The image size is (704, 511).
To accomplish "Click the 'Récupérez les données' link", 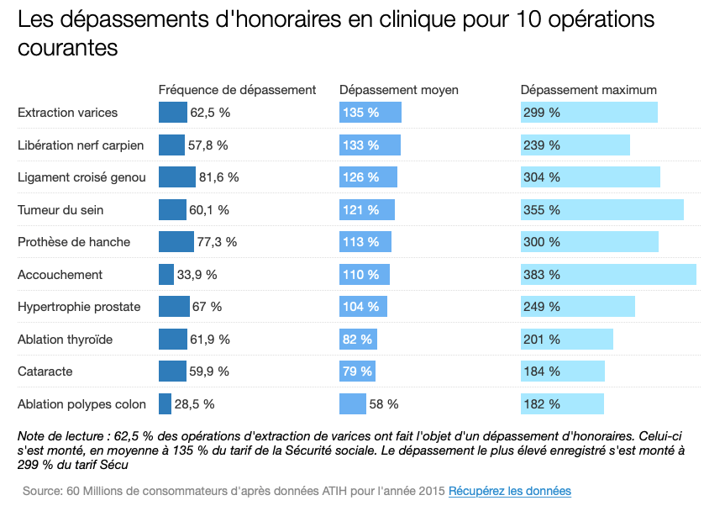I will pos(509,491).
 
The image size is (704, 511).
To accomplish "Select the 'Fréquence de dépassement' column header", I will pos(237,90).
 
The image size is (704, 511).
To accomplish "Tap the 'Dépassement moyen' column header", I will pos(398,90).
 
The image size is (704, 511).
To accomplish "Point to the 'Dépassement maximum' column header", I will pos(588,90).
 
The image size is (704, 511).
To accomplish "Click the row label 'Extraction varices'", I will pos(67,113).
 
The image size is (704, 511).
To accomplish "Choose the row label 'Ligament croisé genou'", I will pos(81,177).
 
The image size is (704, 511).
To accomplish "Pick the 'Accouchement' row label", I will pos(60,275).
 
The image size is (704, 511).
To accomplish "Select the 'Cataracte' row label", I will pos(45,371).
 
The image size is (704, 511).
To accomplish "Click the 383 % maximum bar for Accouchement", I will pos(608,275).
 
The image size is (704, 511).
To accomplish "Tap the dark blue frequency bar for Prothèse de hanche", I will pos(176,242).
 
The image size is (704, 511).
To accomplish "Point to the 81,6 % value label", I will pos(218,177).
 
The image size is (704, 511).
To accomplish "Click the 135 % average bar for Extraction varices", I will pos(370,113).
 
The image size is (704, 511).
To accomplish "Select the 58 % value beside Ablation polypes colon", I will pos(383,404).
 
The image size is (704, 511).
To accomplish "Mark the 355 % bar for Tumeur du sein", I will pos(602,210).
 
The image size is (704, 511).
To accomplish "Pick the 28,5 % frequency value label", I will pos(194,404).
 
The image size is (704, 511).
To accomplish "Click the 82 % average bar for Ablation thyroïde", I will pos(358,340).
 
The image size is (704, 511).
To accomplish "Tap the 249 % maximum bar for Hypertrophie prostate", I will pos(577,307).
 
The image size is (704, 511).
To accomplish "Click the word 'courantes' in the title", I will pos(67,48).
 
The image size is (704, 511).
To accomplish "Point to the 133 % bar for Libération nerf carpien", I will pos(370,145).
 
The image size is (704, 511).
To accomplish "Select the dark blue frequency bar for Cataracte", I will pos(172,371).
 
